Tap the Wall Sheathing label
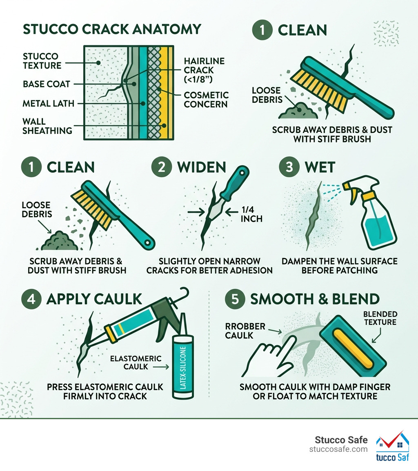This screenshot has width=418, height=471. coord(47,126)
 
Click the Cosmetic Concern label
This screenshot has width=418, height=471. coord(206,99)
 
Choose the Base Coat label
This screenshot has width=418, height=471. coord(47,84)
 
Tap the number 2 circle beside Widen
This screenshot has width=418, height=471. coord(161,167)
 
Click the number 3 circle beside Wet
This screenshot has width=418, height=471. coord(289,167)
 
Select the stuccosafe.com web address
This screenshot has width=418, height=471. coord(338,449)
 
